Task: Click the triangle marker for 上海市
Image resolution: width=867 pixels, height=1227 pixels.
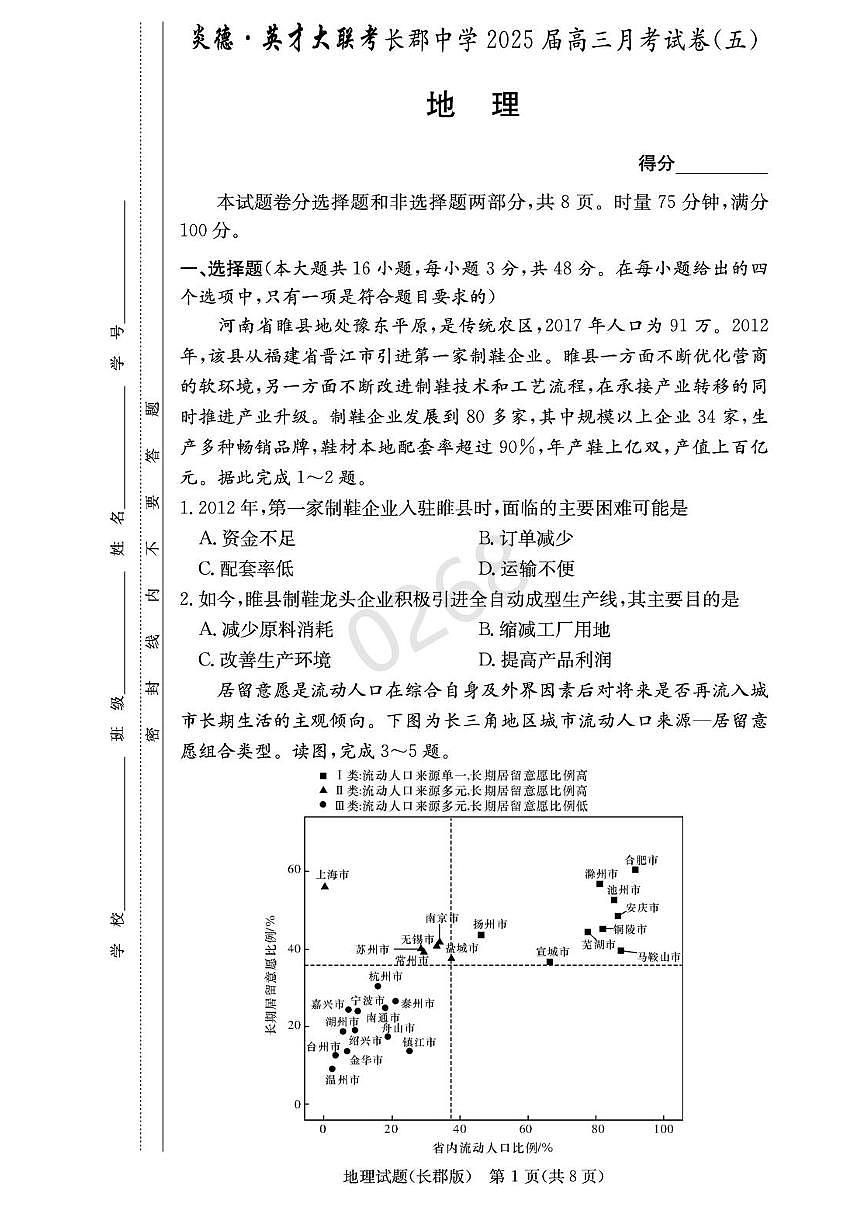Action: (x=325, y=886)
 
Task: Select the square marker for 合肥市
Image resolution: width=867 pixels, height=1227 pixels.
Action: (x=635, y=869)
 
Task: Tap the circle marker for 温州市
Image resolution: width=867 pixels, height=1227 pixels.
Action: (x=333, y=1069)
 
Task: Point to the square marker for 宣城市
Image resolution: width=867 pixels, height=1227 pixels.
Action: (x=550, y=962)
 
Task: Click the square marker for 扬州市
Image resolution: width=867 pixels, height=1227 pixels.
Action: (x=481, y=935)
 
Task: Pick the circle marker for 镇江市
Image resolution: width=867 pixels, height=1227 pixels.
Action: (x=409, y=1051)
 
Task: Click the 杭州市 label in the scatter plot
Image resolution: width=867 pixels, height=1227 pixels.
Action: (x=385, y=976)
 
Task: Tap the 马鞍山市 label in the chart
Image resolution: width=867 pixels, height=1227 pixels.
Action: (x=659, y=957)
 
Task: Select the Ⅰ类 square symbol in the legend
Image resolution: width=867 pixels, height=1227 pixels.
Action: (x=323, y=776)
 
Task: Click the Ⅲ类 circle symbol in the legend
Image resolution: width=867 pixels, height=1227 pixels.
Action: (x=323, y=805)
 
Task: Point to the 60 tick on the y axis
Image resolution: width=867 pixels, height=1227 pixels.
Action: (x=294, y=870)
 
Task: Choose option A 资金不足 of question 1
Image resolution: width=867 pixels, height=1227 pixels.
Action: (x=247, y=539)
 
